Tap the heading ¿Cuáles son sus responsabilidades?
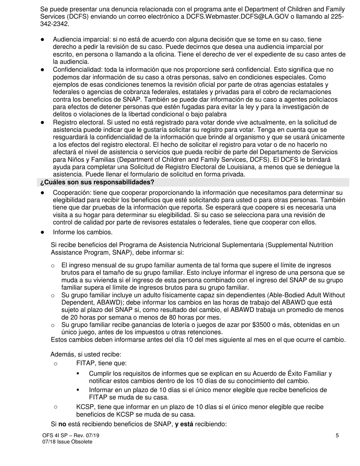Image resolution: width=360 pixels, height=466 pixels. [97, 182]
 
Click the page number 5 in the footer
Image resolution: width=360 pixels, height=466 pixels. [337, 436]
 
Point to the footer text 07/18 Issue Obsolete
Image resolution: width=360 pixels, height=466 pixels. [67, 442]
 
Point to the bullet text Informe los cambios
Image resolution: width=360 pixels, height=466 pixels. [83, 232]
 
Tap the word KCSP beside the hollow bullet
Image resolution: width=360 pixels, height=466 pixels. [85, 407]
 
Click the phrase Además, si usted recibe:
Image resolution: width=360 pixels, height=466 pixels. [86, 354]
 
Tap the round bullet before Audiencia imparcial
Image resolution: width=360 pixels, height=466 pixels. [43, 39]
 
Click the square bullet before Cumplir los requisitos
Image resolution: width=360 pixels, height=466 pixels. [78, 374]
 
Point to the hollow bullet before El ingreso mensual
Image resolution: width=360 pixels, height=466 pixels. [53, 266]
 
